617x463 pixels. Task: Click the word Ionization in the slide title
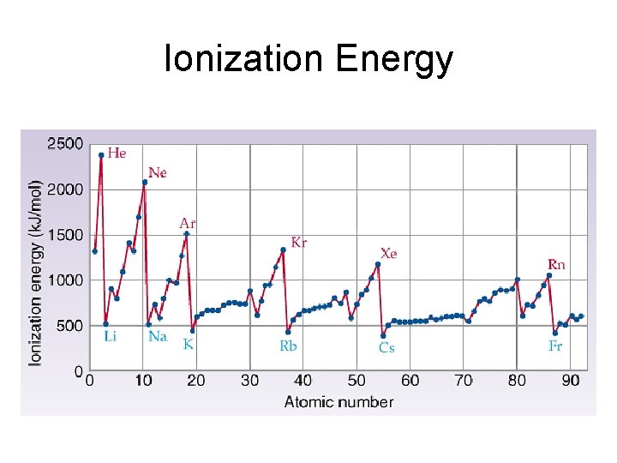point(245,60)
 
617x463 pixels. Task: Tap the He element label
point(117,153)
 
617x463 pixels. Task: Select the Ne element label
point(158,172)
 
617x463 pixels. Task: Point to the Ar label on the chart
point(188,223)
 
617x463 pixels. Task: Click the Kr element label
point(299,243)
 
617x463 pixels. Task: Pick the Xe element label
point(389,254)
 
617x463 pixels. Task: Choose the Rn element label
point(557,265)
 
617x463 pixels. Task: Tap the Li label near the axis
point(111,337)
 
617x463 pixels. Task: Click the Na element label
point(158,337)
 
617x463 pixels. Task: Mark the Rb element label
point(288,346)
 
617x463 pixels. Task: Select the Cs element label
point(386,348)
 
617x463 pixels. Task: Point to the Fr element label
point(555,346)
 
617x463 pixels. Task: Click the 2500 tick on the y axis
point(65,144)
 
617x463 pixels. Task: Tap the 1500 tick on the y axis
point(65,235)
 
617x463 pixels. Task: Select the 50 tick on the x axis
point(356,381)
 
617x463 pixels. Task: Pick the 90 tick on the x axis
point(569,381)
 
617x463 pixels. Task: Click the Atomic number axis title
point(338,401)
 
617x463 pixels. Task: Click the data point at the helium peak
point(101,155)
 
